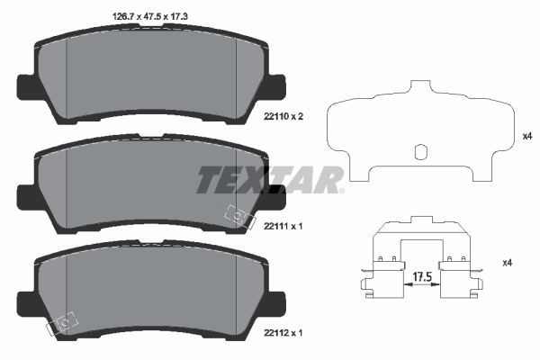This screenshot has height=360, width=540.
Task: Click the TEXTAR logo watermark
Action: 270,179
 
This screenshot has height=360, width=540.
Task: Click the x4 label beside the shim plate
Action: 527,137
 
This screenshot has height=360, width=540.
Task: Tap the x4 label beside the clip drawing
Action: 506,262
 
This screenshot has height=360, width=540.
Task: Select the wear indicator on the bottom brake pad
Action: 66,319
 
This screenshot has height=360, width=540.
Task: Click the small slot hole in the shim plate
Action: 419,152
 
